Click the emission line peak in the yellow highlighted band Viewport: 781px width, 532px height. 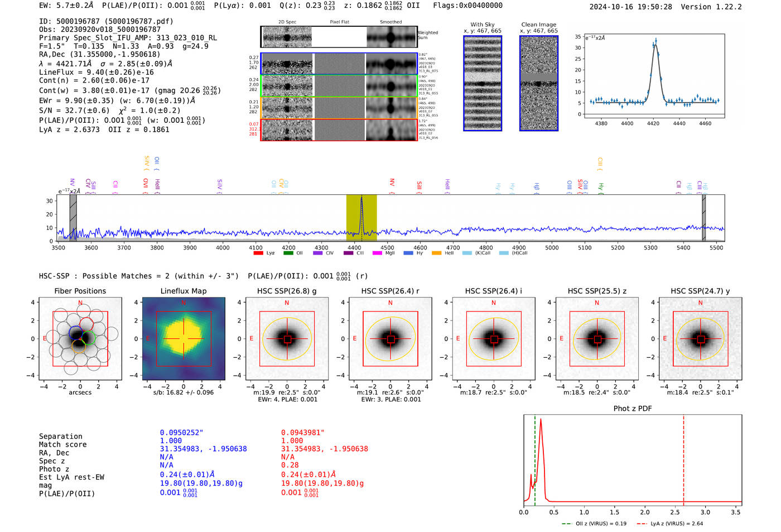point(361,198)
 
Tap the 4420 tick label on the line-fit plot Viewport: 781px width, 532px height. point(653,123)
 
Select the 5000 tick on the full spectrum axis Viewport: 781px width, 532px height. point(552,247)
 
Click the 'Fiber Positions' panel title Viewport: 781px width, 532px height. point(80,291)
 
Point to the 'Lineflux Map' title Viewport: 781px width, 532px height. point(184,291)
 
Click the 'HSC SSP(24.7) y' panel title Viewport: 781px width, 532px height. point(700,291)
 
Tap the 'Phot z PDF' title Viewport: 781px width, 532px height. point(633,409)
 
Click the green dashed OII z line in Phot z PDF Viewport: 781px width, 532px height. point(535,458)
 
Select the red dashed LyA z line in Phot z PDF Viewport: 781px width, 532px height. point(683,458)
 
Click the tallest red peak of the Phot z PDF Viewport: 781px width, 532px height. point(541,420)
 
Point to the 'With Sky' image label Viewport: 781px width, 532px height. point(482,25)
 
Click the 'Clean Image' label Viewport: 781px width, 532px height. point(538,25)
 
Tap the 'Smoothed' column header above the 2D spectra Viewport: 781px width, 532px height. point(390,22)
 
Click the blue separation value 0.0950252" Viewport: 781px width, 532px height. point(182,433)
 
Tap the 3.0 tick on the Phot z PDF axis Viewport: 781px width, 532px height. point(706,512)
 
